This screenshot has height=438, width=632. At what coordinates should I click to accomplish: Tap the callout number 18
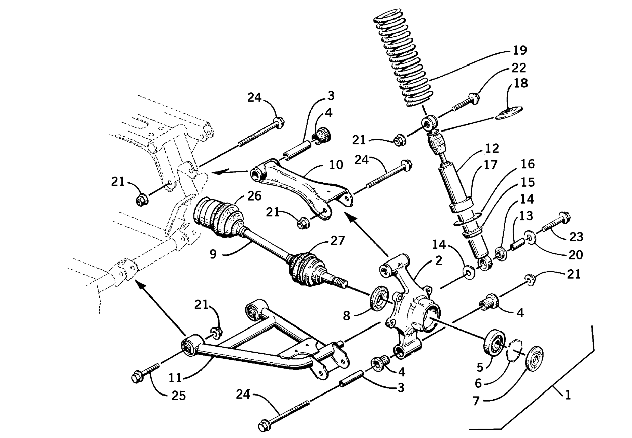tap(520, 83)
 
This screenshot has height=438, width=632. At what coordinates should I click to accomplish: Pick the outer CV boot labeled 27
tap(305, 269)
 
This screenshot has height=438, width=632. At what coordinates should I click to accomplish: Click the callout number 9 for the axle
tap(213, 254)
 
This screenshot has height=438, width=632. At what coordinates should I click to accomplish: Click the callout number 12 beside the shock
tap(492, 149)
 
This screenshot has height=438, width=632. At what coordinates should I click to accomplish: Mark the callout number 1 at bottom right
tap(568, 395)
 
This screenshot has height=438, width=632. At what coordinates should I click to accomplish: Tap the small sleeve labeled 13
tap(516, 244)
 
